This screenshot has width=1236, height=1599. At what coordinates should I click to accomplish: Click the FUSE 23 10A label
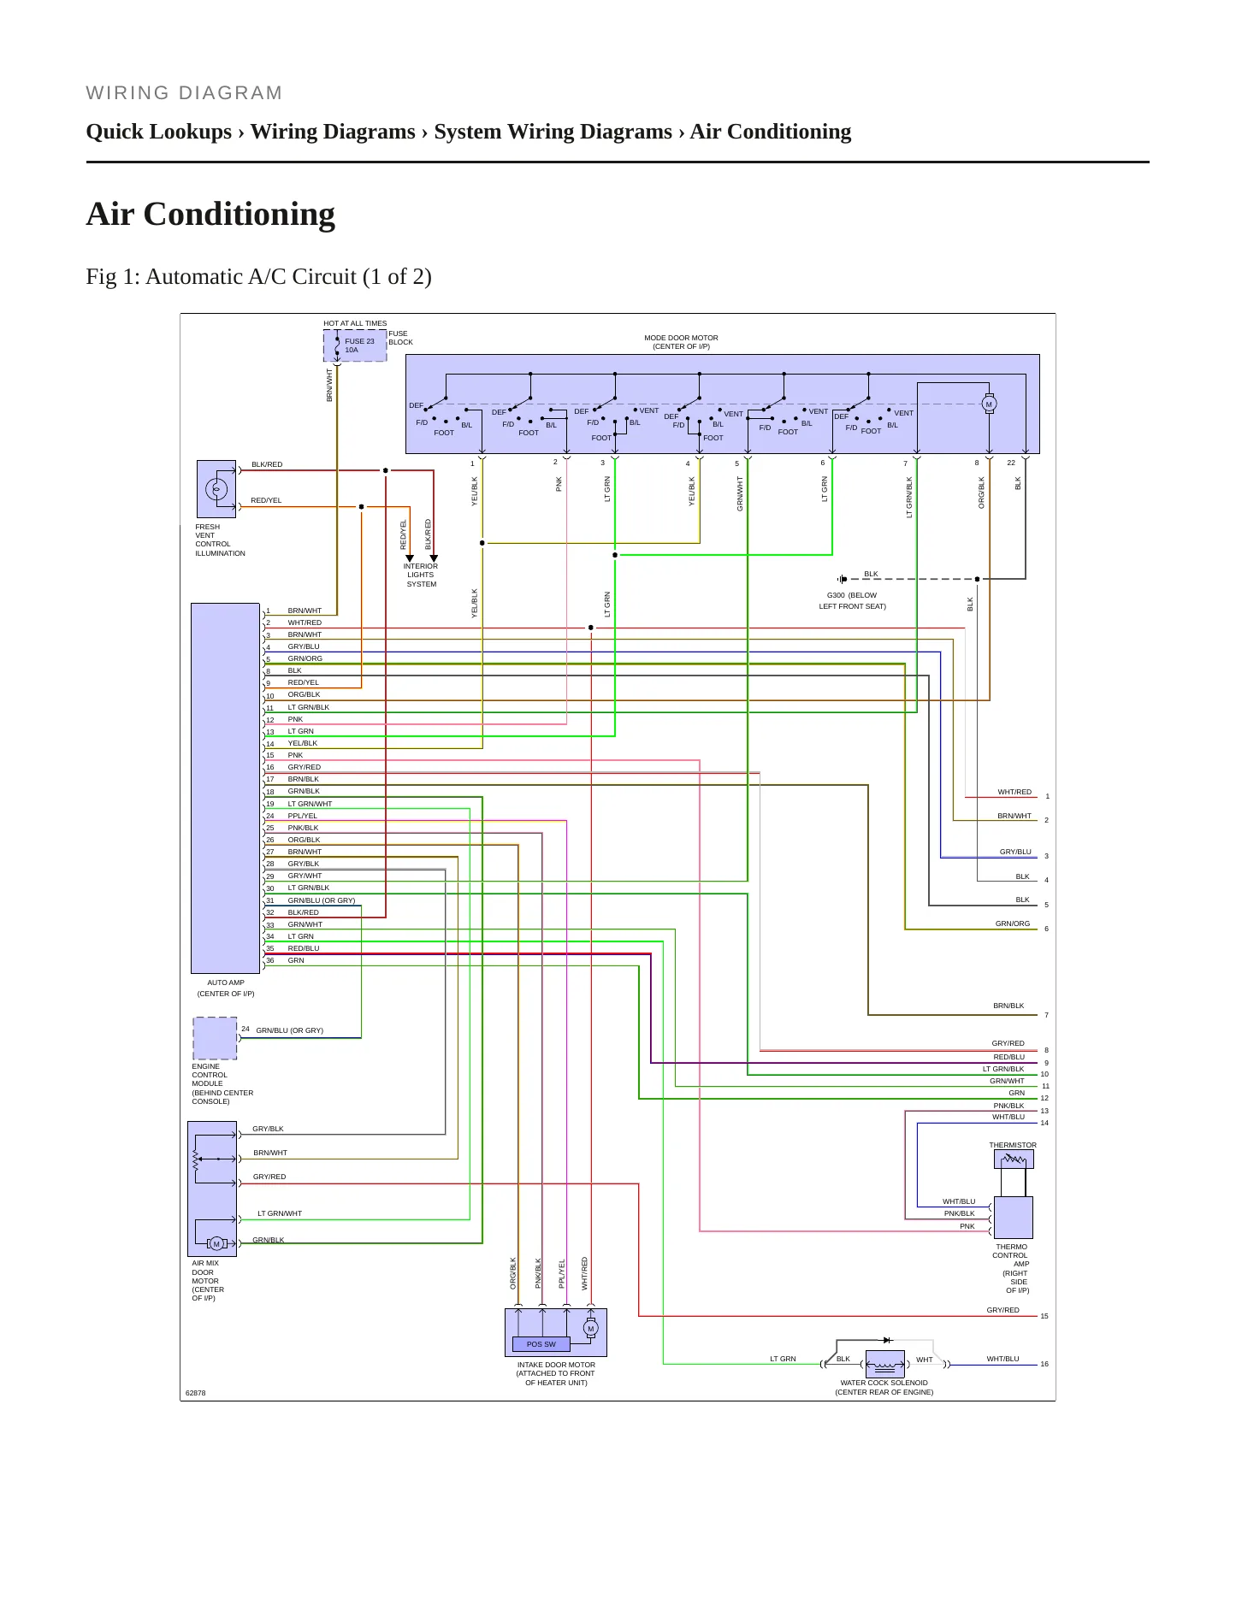359,345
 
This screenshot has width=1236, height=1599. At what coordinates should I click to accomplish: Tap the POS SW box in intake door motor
541,1344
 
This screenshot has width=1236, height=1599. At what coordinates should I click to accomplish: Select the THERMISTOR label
1013,1145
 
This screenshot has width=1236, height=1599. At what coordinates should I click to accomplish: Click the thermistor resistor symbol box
1014,1159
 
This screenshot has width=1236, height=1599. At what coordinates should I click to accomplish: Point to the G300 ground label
852,600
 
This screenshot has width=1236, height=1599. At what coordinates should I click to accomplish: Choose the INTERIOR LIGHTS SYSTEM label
421,575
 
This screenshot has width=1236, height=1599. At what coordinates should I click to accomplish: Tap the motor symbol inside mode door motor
989,404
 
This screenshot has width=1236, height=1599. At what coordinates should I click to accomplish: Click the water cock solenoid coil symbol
884,1364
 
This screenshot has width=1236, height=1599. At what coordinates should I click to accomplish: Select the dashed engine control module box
215,1038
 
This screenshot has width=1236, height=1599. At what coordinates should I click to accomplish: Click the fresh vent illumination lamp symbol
216,489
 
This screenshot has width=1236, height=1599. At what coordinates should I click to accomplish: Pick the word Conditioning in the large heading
240,214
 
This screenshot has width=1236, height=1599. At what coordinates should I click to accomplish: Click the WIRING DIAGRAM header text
184,93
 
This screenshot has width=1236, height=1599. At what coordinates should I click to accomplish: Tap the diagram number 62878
196,1393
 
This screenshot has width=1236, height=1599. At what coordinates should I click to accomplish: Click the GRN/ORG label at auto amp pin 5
305,658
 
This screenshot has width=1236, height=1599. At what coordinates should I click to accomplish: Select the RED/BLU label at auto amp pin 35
304,948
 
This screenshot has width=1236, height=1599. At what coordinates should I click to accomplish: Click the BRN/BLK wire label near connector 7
1008,1006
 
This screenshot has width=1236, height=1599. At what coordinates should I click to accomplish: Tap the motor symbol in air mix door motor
216,1243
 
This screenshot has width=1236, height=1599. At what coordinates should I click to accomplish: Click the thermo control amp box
1014,1218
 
